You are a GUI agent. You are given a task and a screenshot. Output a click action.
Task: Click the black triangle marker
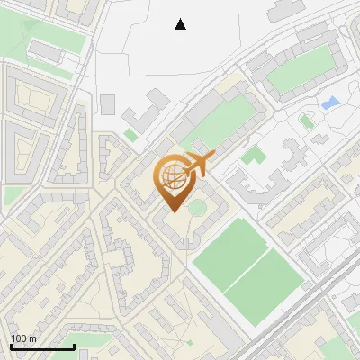click(181, 24)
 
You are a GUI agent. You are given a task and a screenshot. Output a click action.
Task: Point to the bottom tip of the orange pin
click(171, 212)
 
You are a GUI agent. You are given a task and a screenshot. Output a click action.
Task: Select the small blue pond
click(330, 103)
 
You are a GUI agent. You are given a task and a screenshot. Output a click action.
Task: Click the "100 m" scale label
click(23, 338)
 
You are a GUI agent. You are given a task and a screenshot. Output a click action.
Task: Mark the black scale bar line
click(42, 346)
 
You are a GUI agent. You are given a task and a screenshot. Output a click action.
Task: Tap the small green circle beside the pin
click(196, 209)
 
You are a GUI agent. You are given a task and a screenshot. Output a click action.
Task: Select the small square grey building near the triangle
click(108, 104)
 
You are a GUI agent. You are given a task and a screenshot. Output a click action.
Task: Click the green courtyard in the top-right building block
click(300, 70)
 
